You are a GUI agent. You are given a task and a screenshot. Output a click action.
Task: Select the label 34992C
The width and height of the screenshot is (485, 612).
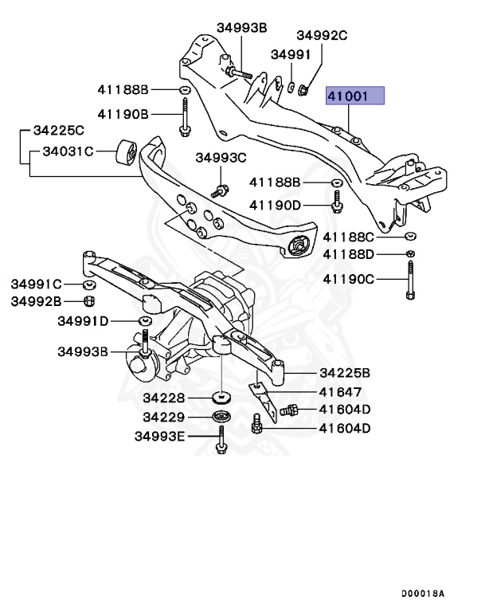click(323, 35)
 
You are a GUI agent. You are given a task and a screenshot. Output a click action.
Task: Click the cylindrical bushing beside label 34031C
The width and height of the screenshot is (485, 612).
click(126, 150)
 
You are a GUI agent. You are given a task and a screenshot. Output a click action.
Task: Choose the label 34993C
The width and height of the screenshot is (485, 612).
click(221, 158)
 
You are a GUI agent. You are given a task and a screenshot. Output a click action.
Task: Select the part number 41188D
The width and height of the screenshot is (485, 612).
click(348, 254)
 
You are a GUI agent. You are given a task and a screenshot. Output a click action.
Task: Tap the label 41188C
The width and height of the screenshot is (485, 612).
click(348, 237)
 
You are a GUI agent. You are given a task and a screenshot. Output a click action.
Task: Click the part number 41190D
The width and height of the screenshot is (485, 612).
click(275, 205)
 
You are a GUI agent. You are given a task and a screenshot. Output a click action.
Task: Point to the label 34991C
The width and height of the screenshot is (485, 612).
click(37, 284)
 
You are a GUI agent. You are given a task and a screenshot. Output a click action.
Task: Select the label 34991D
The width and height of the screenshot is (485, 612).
click(83, 321)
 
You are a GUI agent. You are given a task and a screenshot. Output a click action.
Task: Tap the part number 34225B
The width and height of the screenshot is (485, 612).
click(345, 372)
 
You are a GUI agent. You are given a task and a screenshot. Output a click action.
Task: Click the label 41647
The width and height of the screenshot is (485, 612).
click(340, 392)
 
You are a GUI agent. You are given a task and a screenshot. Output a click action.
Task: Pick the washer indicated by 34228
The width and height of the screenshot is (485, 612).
click(221, 398)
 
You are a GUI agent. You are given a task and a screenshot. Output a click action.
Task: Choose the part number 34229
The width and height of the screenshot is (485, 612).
click(164, 417)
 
